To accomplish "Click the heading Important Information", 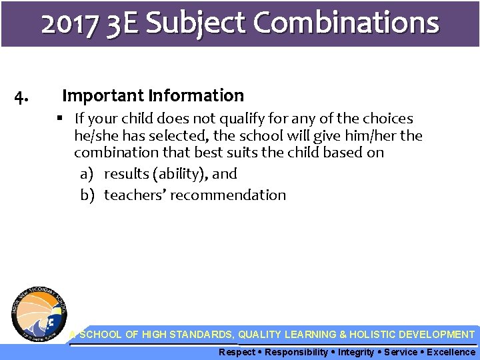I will [153, 96].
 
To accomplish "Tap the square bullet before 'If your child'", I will [61, 119].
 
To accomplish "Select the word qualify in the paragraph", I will [261, 119].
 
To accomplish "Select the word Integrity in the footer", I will [356, 352].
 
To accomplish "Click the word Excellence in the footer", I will [451, 352].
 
